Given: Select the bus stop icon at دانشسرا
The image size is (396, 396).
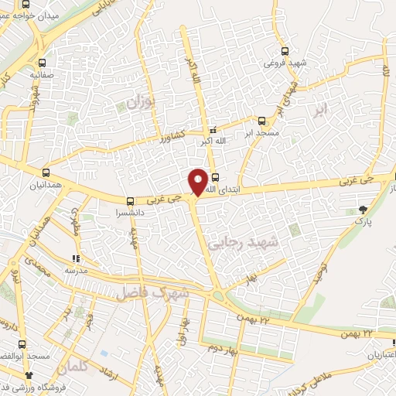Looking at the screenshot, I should [130, 199].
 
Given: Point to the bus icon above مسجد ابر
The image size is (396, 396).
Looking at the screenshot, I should [261, 121].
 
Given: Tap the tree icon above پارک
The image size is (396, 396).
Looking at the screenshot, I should [363, 209].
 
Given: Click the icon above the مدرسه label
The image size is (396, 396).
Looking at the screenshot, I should [76, 258].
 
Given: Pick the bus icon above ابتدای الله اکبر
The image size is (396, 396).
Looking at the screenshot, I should [214, 176].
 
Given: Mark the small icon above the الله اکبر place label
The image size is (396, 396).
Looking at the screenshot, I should [213, 130].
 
